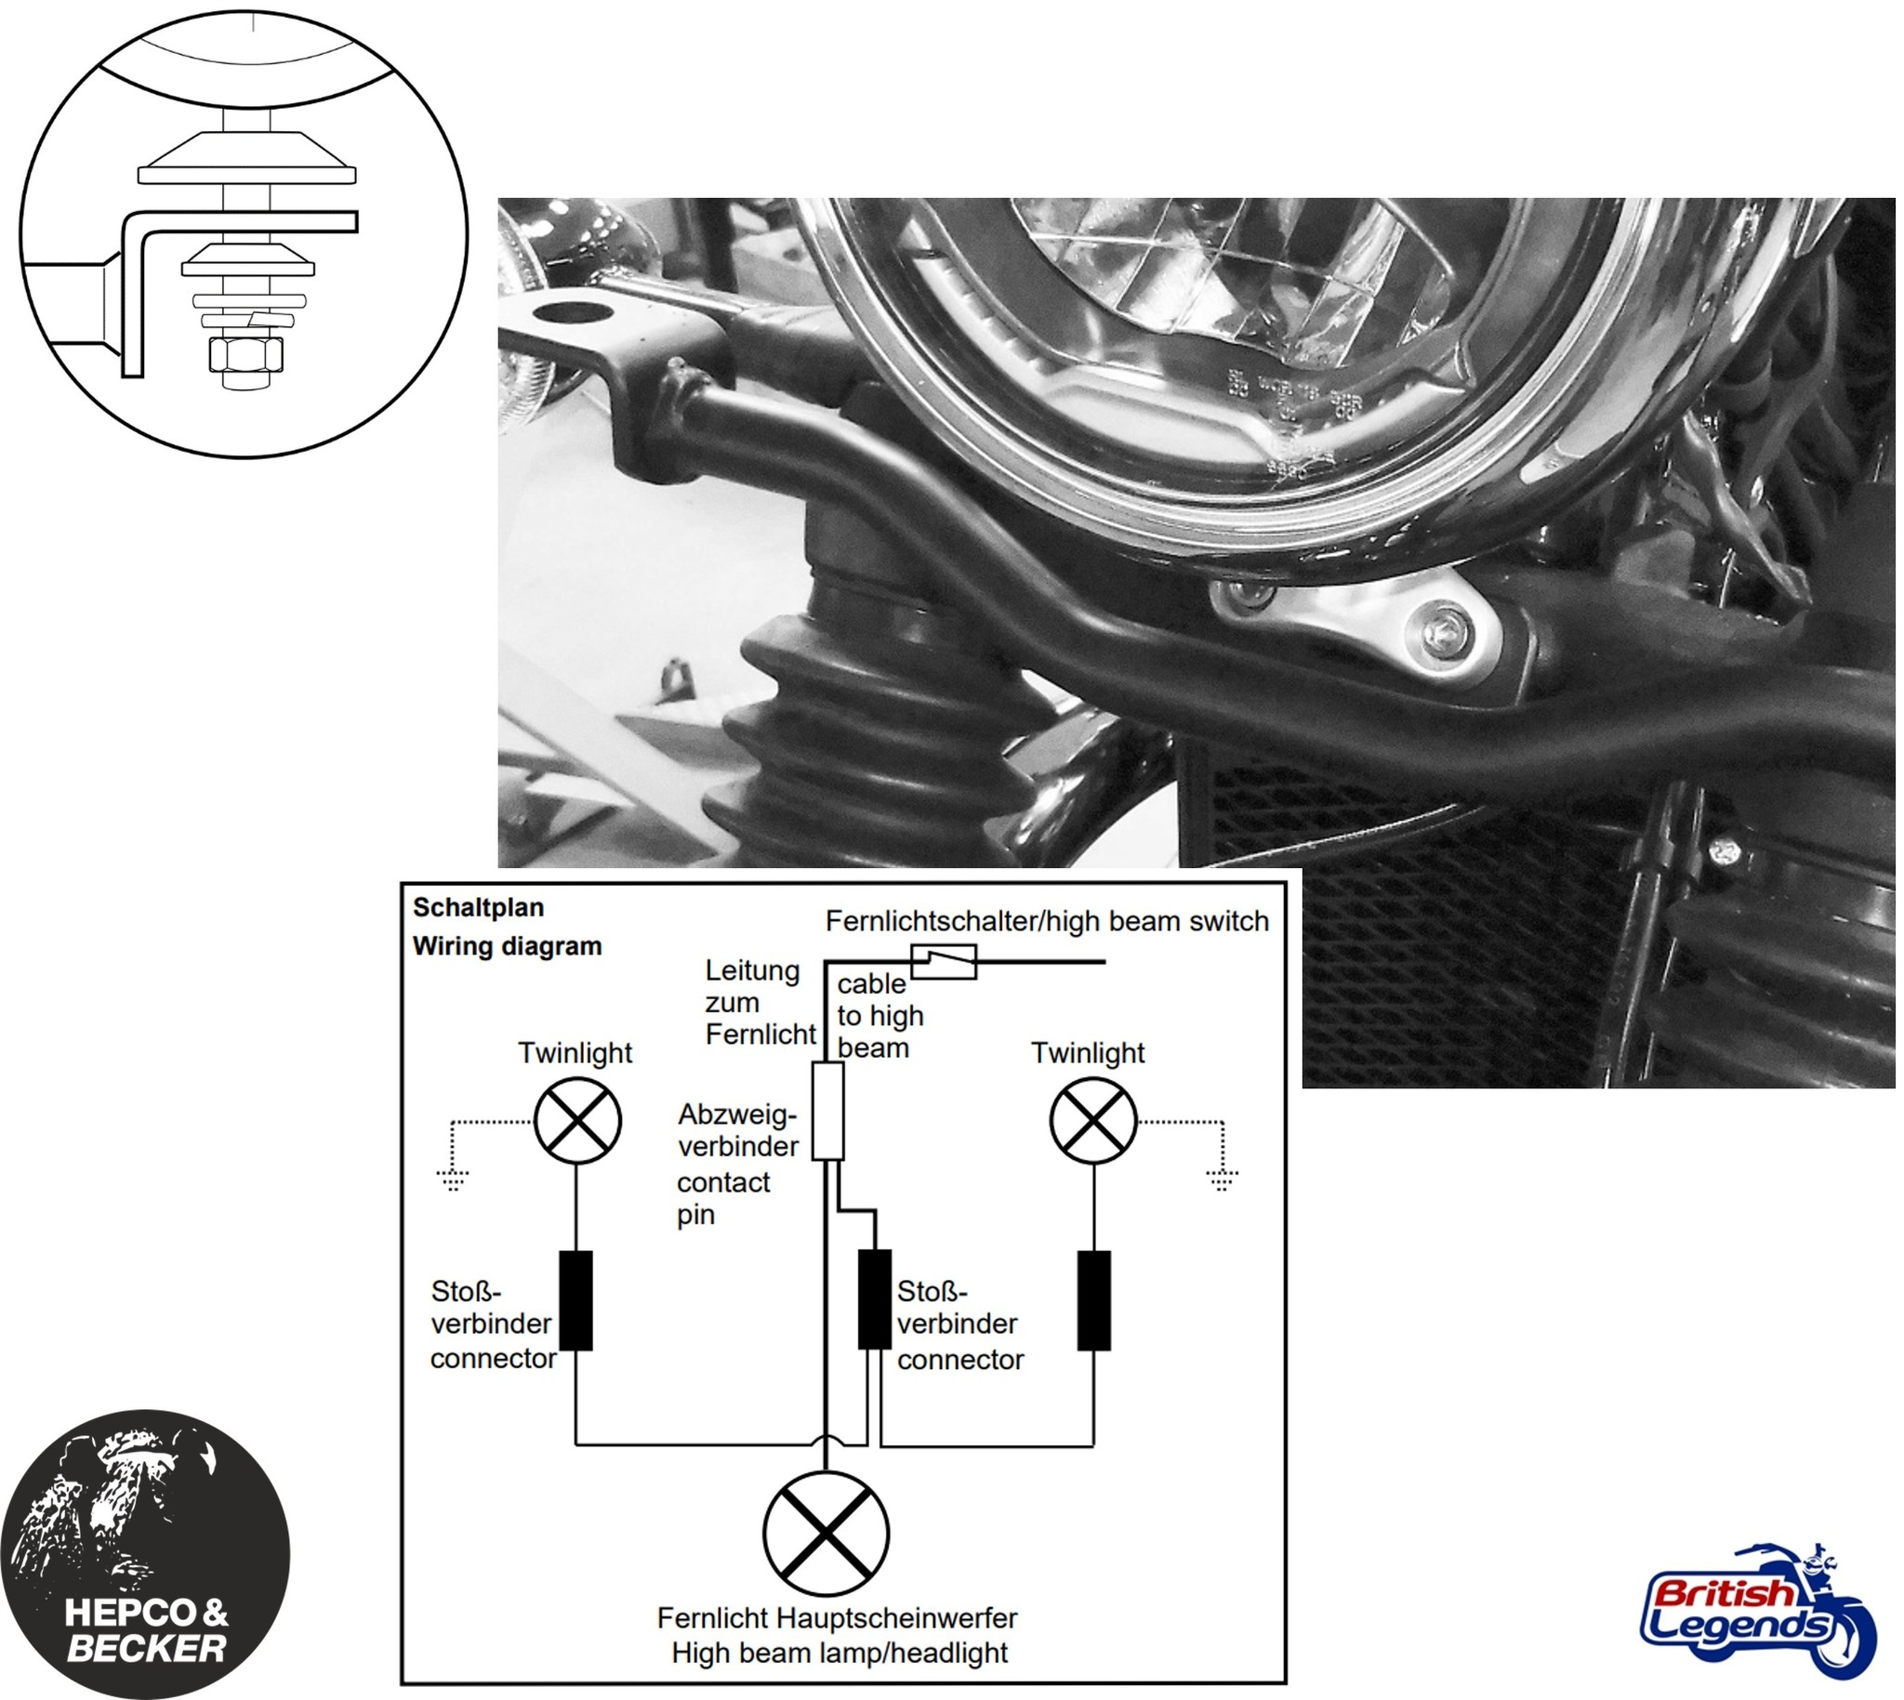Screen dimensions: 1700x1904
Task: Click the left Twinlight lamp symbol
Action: (578, 1121)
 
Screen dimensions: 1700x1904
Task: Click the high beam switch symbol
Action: (945, 960)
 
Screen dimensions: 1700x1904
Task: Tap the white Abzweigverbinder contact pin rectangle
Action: (827, 1112)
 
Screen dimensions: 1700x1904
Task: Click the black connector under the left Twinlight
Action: (576, 1300)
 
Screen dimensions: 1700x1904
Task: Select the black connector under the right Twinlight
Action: (1095, 1300)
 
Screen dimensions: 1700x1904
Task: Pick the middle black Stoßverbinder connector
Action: (876, 1300)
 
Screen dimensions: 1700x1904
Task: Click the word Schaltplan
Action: (479, 908)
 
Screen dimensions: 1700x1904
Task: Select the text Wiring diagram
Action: (508, 946)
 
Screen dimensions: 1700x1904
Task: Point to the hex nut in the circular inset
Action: (246, 356)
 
